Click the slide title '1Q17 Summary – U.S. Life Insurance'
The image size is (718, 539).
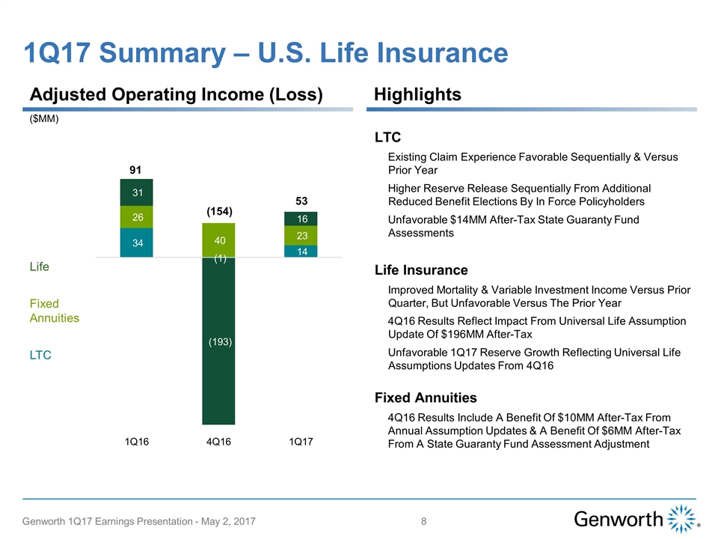pyautogui.click(x=266, y=52)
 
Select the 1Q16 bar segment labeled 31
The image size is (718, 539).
pyautogui.click(x=137, y=192)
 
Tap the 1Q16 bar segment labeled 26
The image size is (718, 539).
pyautogui.click(x=137, y=217)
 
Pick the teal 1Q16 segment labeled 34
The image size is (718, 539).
pyautogui.click(x=137, y=243)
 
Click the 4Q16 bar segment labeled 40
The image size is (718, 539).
pyautogui.click(x=218, y=240)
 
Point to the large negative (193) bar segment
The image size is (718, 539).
pyautogui.click(x=218, y=341)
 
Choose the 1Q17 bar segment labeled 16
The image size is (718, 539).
pyautogui.click(x=301, y=219)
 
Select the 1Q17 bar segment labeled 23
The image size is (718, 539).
pyautogui.click(x=301, y=235)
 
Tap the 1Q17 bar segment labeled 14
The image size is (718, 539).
pyautogui.click(x=301, y=252)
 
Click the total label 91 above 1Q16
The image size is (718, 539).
pyautogui.click(x=137, y=170)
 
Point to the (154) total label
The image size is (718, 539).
pyautogui.click(x=220, y=213)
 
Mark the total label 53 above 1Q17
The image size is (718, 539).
pyautogui.click(x=301, y=201)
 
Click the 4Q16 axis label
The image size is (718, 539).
pyautogui.click(x=218, y=442)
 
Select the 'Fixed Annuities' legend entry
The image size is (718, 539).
pyautogui.click(x=55, y=311)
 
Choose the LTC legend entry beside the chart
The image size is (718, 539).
pyautogui.click(x=40, y=355)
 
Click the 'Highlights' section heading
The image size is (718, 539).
pyautogui.click(x=417, y=94)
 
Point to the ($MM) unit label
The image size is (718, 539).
pyautogui.click(x=44, y=118)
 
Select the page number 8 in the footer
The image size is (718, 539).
pyautogui.click(x=424, y=520)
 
